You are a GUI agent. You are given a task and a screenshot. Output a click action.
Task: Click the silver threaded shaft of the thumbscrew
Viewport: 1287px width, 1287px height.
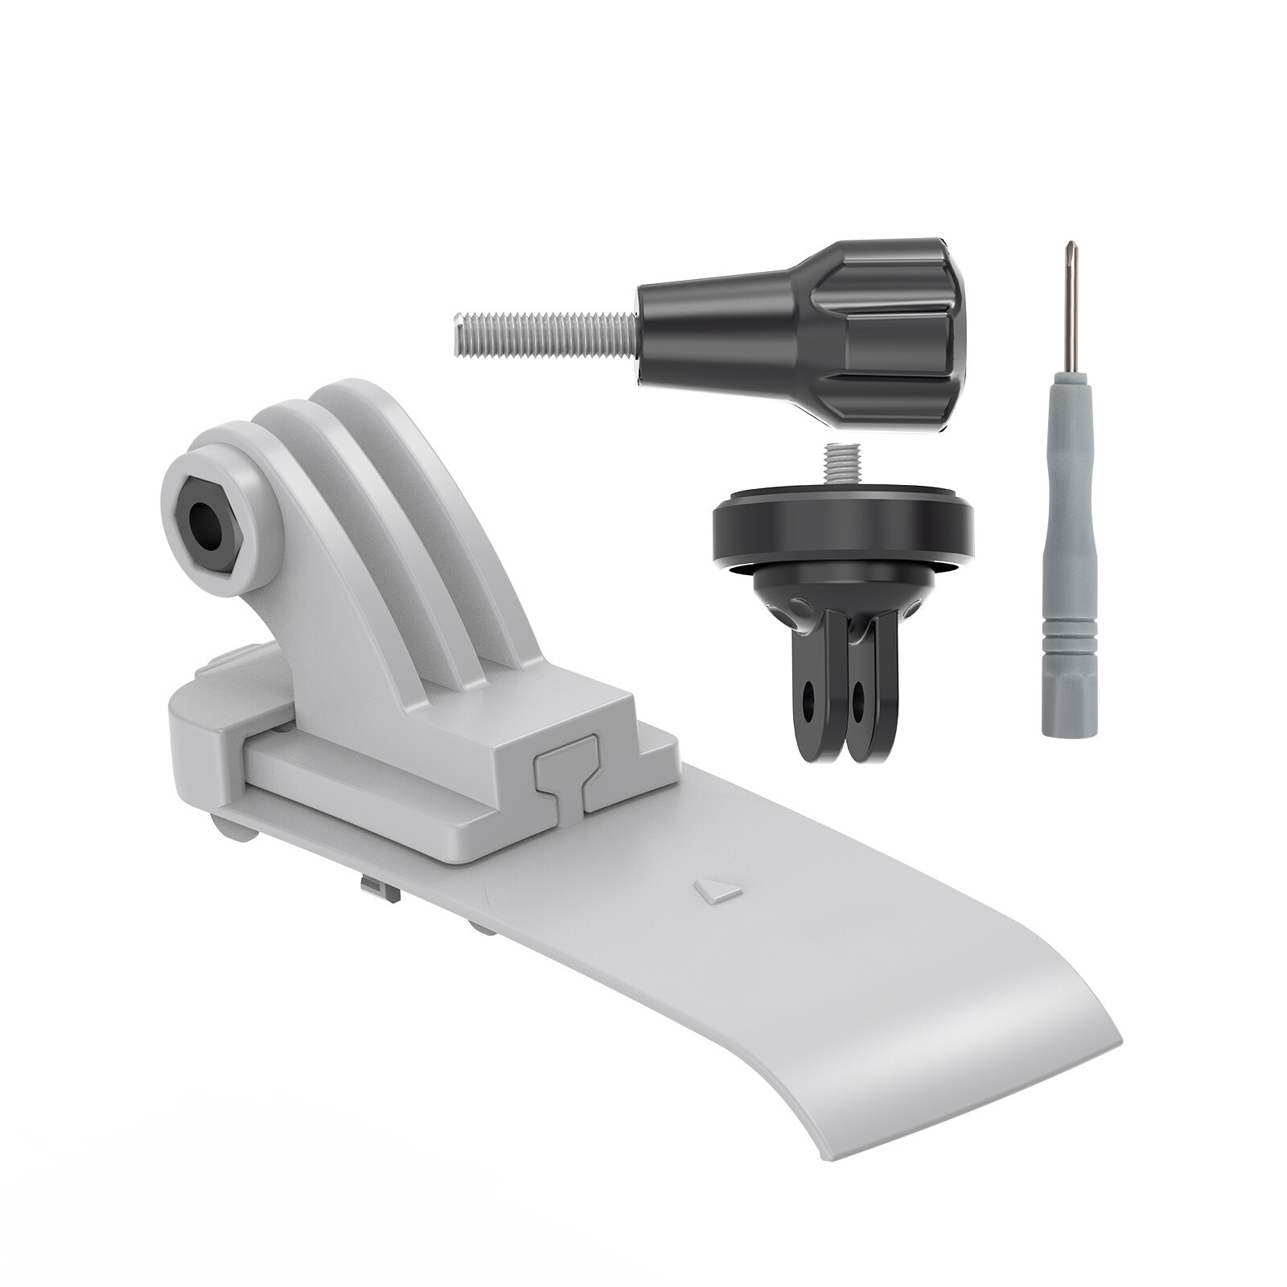[x=547, y=331]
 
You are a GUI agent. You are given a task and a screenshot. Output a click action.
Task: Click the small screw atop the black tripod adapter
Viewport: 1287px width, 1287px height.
[x=841, y=467]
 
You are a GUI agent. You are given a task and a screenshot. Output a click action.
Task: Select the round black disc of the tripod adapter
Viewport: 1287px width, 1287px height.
[x=842, y=531]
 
